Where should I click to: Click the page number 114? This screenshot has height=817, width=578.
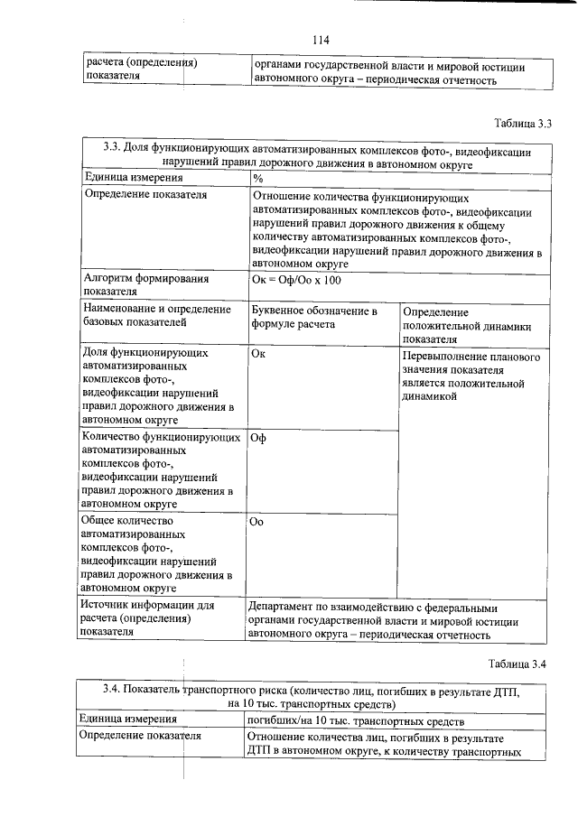coord(321,40)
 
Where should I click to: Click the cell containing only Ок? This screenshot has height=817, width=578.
coord(257,354)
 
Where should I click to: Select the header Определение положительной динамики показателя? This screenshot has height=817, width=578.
coord(466,324)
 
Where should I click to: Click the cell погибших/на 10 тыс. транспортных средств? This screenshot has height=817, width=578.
coord(356,720)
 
